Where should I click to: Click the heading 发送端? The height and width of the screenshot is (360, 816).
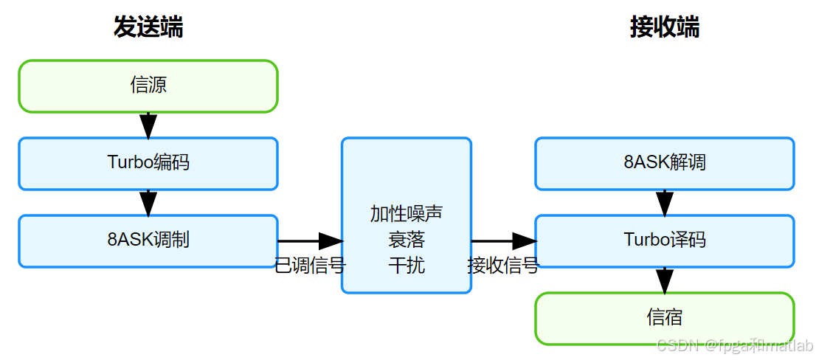tap(148, 27)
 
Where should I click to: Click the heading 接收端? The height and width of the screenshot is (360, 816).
tap(664, 27)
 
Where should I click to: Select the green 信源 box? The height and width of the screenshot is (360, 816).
tap(148, 86)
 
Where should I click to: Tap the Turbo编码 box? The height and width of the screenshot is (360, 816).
tap(148, 163)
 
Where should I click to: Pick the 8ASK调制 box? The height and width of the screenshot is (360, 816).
tap(148, 240)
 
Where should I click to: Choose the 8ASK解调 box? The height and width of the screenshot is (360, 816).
tap(664, 163)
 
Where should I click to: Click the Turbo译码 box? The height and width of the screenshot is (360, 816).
tap(664, 240)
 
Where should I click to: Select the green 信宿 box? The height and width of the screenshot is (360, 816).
tap(664, 318)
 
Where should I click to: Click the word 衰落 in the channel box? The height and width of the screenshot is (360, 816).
tap(407, 240)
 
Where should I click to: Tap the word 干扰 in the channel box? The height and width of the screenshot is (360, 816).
tap(407, 266)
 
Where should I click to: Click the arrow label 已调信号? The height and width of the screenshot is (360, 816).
tap(310, 266)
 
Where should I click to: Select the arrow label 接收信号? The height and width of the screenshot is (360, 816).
tap(502, 266)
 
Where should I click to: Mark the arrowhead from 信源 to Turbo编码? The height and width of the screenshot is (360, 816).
tap(148, 126)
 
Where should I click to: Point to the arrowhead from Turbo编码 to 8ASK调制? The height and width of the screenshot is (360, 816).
tap(148, 204)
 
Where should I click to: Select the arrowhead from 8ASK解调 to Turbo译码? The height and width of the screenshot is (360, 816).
tap(665, 204)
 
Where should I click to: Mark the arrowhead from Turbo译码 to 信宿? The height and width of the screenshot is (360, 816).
tap(665, 281)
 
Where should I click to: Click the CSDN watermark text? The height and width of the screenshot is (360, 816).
tap(734, 345)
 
